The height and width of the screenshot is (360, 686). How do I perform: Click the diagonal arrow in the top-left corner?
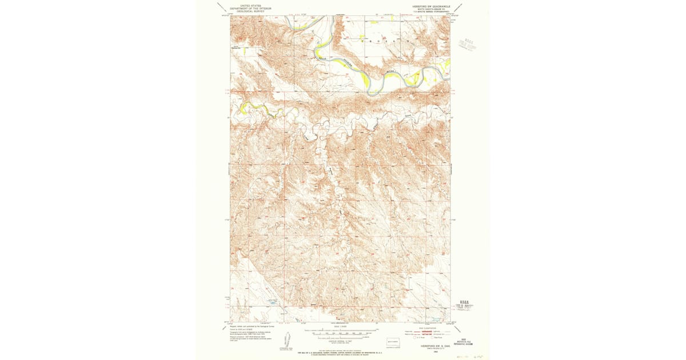221,6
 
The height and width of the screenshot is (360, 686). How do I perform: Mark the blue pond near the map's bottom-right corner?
436,320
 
